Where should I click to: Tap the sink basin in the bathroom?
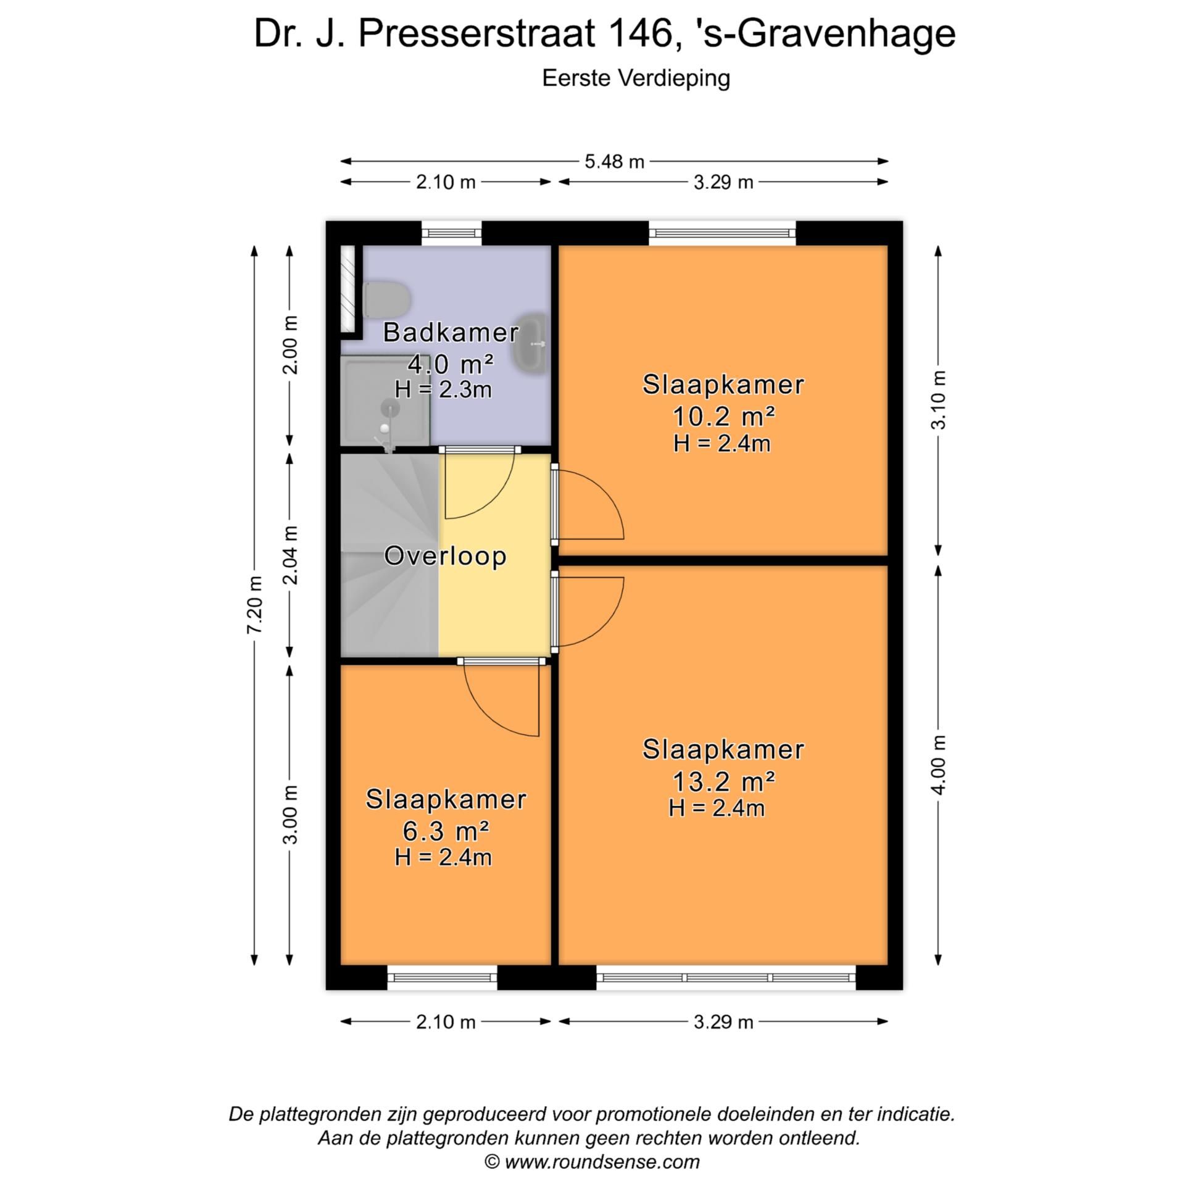pyautogui.click(x=530, y=343)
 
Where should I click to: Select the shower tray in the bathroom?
pyautogui.click(x=385, y=402)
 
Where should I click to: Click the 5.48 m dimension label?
pyautogui.click(x=614, y=162)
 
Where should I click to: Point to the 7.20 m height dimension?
pyautogui.click(x=255, y=604)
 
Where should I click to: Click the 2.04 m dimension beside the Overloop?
pyautogui.click(x=291, y=555)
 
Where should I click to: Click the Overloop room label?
pyautogui.click(x=445, y=556)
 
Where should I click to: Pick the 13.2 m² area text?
pyautogui.click(x=723, y=783)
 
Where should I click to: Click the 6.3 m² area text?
pyautogui.click(x=446, y=832)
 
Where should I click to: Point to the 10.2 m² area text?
pyautogui.click(x=723, y=418)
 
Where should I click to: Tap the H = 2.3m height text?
pyautogui.click(x=443, y=389)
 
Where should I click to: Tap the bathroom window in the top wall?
pyautogui.click(x=451, y=233)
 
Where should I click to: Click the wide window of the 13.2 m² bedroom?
pyautogui.click(x=726, y=978)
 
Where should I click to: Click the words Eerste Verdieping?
pyautogui.click(x=636, y=78)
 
